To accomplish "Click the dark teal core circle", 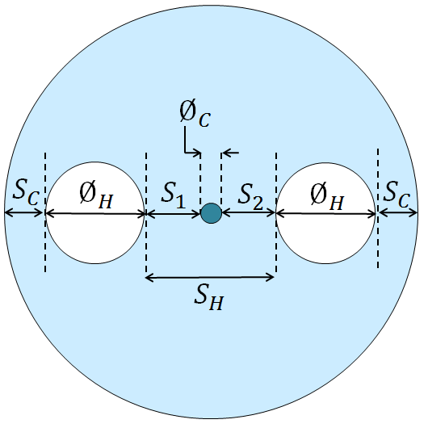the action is [x=211, y=213].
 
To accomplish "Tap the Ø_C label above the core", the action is [x=195, y=113].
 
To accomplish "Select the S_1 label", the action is [x=173, y=195].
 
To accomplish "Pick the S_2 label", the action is [x=250, y=196].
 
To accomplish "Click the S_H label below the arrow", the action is [x=209, y=297].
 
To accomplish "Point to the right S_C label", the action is [x=397, y=195].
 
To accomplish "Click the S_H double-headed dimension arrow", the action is [x=210, y=278].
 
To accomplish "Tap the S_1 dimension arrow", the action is [x=174, y=214].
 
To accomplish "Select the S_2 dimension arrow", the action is [x=249, y=212].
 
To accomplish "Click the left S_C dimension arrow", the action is [x=24, y=213].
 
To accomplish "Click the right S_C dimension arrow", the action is [x=398, y=212].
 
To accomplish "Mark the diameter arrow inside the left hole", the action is [x=94, y=214].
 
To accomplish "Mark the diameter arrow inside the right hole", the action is [x=326, y=215].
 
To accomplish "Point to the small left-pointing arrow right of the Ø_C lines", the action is [x=230, y=153].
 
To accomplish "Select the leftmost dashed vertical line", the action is [x=45, y=212].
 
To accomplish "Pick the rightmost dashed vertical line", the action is [x=378, y=208].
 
